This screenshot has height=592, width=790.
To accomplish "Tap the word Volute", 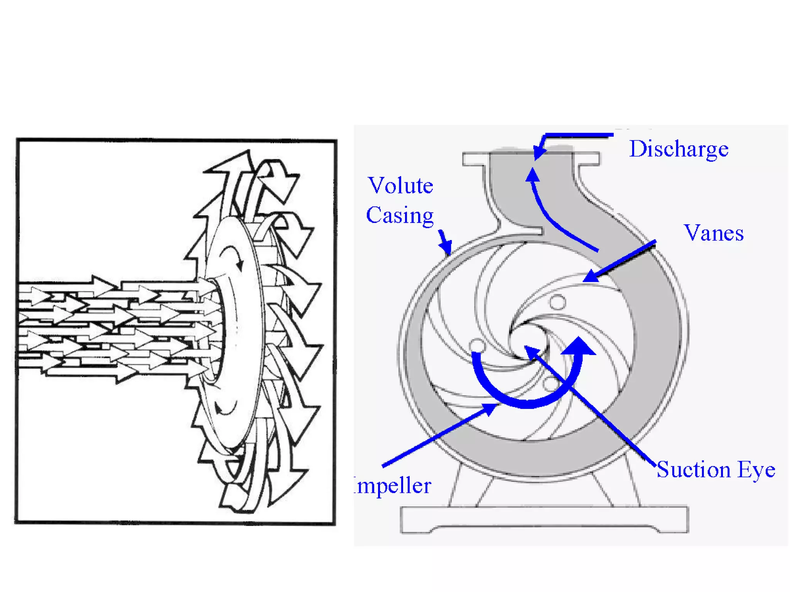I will (400, 186).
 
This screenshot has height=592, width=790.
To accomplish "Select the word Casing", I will (400, 215).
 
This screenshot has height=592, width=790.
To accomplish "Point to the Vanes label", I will (714, 233).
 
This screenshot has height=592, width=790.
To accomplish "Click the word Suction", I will (694, 469).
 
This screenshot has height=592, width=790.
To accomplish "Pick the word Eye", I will (756, 469).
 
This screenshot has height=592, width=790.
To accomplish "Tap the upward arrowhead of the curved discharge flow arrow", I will (533, 175).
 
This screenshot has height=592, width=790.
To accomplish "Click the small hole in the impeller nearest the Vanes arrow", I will (557, 302).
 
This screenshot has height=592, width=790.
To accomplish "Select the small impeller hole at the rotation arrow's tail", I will (478, 345).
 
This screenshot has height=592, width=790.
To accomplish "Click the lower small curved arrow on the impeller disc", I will (226, 409).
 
